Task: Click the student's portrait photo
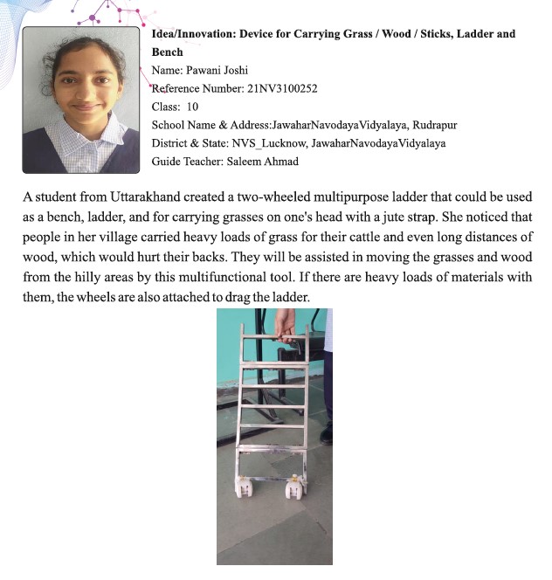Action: [x=80, y=100]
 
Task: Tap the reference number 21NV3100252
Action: [x=283, y=88]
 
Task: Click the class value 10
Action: [x=191, y=107]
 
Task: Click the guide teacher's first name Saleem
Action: [x=245, y=162]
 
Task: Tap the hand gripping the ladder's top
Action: [x=284, y=325]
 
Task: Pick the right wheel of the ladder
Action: [x=297, y=487]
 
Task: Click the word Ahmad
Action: [x=285, y=162]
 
